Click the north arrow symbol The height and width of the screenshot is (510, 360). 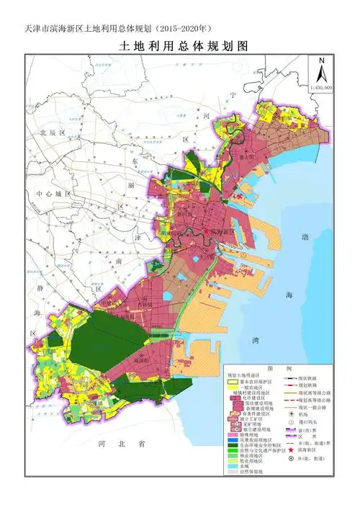(323, 71)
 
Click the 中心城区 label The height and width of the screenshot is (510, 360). (49, 194)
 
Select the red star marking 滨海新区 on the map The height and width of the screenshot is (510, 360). (206, 232)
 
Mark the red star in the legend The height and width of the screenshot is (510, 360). (287, 448)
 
